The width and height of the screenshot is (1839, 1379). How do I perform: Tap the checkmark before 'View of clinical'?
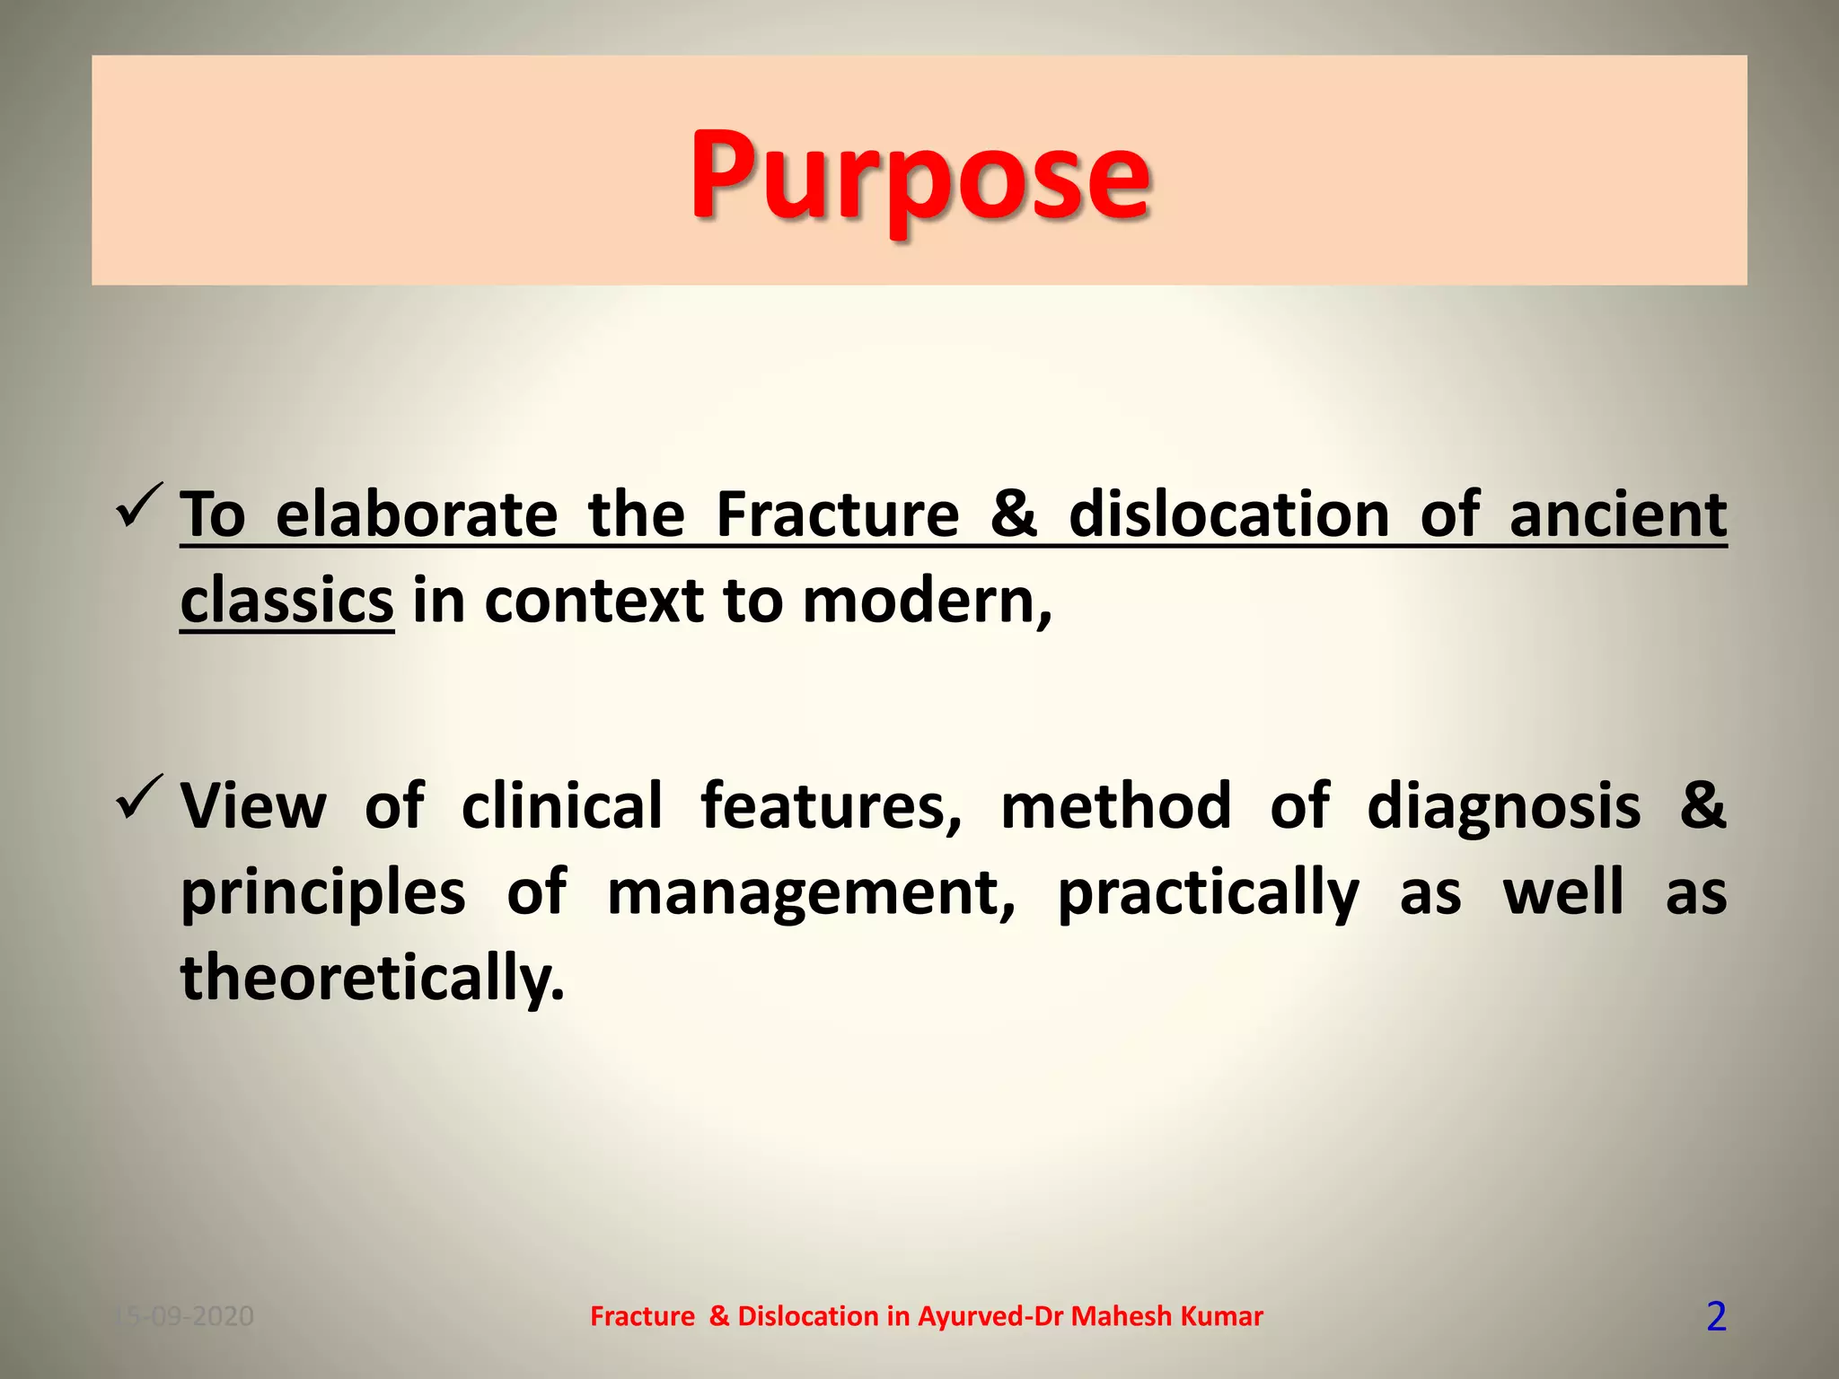[x=139, y=797]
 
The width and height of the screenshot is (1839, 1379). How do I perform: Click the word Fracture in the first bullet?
[x=837, y=515]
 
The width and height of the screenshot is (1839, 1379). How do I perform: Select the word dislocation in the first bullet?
[x=1229, y=515]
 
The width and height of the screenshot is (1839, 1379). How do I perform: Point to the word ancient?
[x=1617, y=515]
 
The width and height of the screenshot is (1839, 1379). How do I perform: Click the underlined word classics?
[x=286, y=601]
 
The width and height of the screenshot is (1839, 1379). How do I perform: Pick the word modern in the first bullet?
[x=920, y=601]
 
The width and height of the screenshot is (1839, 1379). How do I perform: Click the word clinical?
[x=562, y=805]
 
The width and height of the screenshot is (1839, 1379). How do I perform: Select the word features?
[x=831, y=805]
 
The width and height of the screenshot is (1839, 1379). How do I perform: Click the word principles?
[x=323, y=892]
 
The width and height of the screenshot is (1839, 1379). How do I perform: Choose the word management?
[x=811, y=892]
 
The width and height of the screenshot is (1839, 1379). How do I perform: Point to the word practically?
[x=1209, y=892]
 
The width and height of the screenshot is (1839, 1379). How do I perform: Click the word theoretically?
[x=373, y=978]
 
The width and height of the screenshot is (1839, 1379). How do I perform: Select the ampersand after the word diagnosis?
[x=1703, y=805]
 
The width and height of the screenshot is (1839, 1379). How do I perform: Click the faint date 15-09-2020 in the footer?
[x=185, y=1316]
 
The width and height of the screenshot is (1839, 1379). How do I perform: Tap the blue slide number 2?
[x=1716, y=1317]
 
